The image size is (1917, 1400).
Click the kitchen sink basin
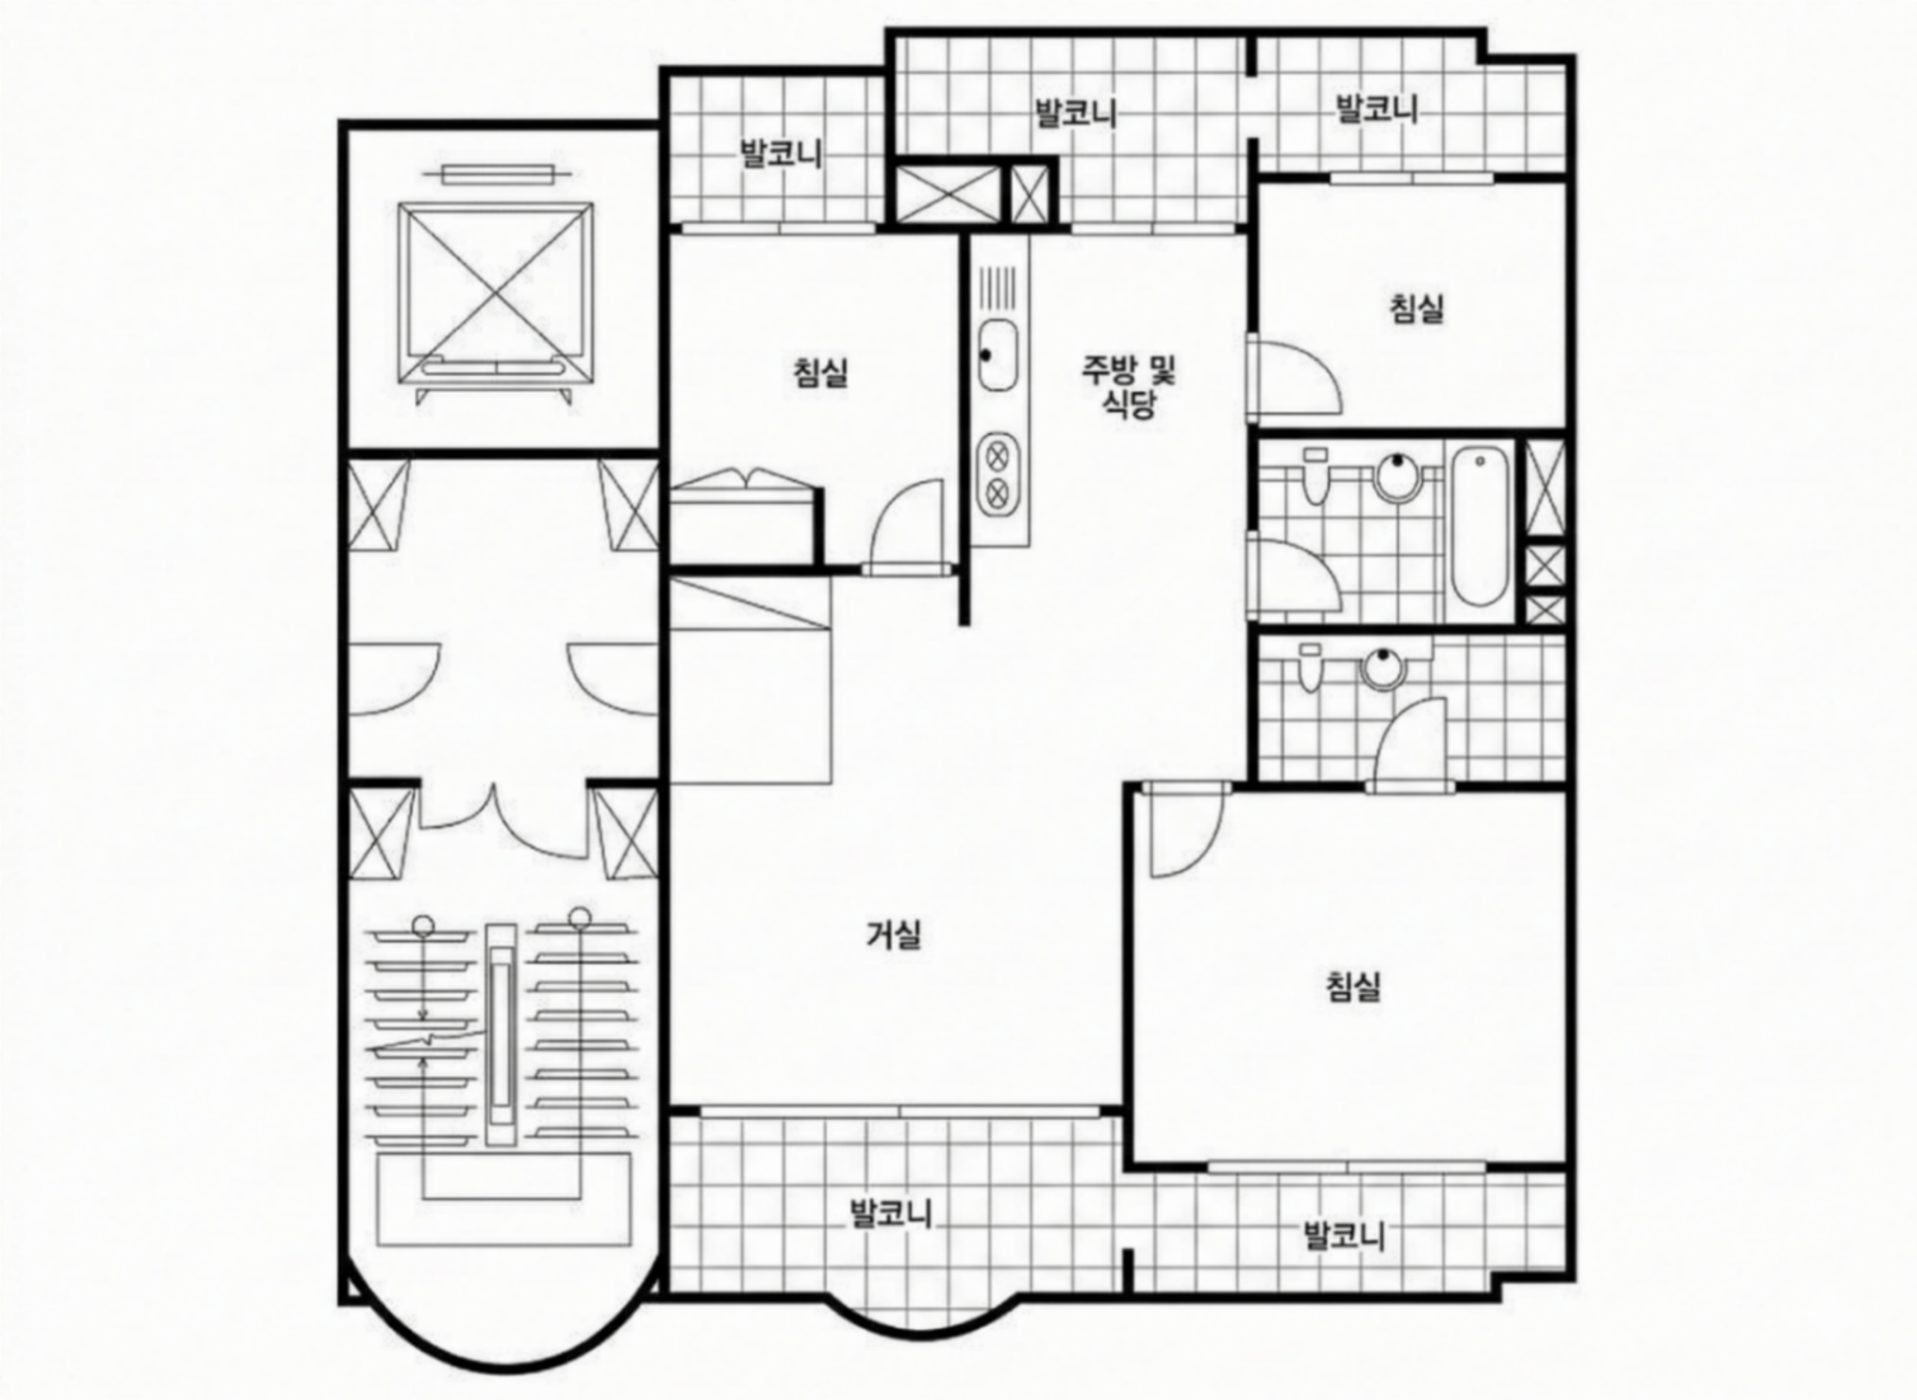click(997, 355)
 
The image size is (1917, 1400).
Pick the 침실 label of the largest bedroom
click(1353, 986)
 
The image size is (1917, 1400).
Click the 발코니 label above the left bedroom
click(781, 154)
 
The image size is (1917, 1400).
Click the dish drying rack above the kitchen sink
click(997, 288)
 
